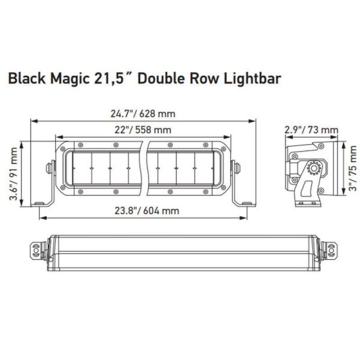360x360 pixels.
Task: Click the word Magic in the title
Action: click(x=63, y=79)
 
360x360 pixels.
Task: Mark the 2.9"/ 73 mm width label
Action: click(x=311, y=130)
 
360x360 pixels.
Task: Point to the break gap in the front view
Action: click(x=145, y=169)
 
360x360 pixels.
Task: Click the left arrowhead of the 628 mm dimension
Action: click(x=34, y=121)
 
